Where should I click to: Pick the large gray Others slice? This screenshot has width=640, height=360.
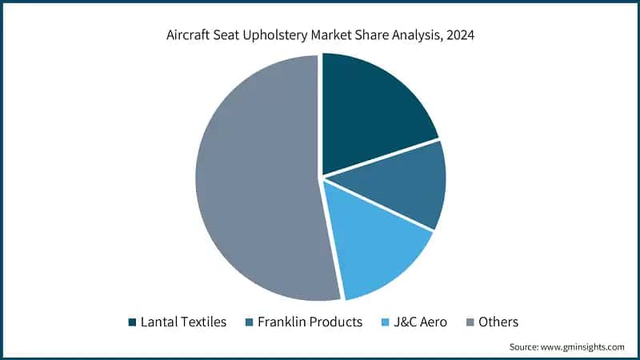(256, 176)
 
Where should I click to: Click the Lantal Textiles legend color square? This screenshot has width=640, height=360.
(132, 322)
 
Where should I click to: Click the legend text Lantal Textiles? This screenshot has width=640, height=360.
(183, 322)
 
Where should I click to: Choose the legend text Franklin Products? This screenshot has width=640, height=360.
(309, 322)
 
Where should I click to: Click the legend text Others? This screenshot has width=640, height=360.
(499, 322)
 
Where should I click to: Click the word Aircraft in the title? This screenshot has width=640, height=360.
(190, 36)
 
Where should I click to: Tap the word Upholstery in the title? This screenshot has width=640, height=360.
(281, 36)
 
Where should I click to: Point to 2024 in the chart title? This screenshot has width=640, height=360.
(458, 36)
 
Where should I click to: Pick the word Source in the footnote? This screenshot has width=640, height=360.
(523, 347)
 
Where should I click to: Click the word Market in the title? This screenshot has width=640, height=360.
(336, 36)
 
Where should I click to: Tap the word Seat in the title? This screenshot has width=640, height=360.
(231, 36)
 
